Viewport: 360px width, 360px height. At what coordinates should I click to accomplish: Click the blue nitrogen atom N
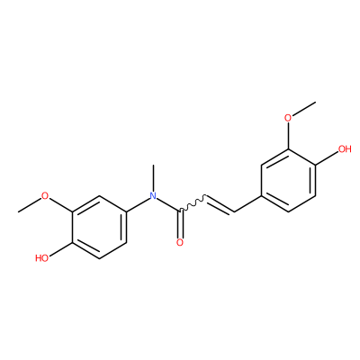pyautogui.click(x=153, y=196)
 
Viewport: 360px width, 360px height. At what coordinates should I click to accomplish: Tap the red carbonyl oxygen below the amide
pyautogui.click(x=180, y=242)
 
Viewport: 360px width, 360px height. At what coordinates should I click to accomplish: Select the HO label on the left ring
pyautogui.click(x=41, y=258)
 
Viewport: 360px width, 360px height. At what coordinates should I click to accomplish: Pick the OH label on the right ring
pyautogui.click(x=345, y=148)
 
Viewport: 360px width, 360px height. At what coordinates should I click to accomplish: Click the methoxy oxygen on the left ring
pyautogui.click(x=45, y=196)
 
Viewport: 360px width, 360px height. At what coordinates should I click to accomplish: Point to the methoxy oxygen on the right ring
pyautogui.click(x=288, y=118)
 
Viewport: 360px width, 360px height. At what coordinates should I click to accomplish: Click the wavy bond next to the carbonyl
pyautogui.click(x=193, y=204)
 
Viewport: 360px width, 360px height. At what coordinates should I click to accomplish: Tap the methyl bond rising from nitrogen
pyautogui.click(x=153, y=178)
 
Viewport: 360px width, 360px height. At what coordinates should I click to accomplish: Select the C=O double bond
pyautogui.click(x=180, y=224)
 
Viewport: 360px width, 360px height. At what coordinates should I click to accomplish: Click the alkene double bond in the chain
pyautogui.click(x=220, y=205)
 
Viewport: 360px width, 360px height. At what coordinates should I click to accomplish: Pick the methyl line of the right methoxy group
pyautogui.click(x=304, y=109)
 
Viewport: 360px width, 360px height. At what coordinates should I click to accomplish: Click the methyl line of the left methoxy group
pyautogui.click(x=30, y=205)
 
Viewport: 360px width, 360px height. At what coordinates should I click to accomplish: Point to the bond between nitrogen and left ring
pyautogui.click(x=138, y=204)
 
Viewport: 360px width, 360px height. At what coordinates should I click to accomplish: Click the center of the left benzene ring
pyautogui.click(x=99, y=227)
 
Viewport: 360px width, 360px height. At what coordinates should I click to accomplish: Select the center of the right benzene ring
pyautogui.click(x=288, y=180)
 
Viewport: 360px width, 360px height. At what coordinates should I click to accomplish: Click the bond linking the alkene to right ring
pyautogui.click(x=247, y=204)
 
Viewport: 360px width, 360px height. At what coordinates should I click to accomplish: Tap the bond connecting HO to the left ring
pyautogui.click(x=60, y=249)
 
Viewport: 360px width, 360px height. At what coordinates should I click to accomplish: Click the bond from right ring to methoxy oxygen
pyautogui.click(x=288, y=136)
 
